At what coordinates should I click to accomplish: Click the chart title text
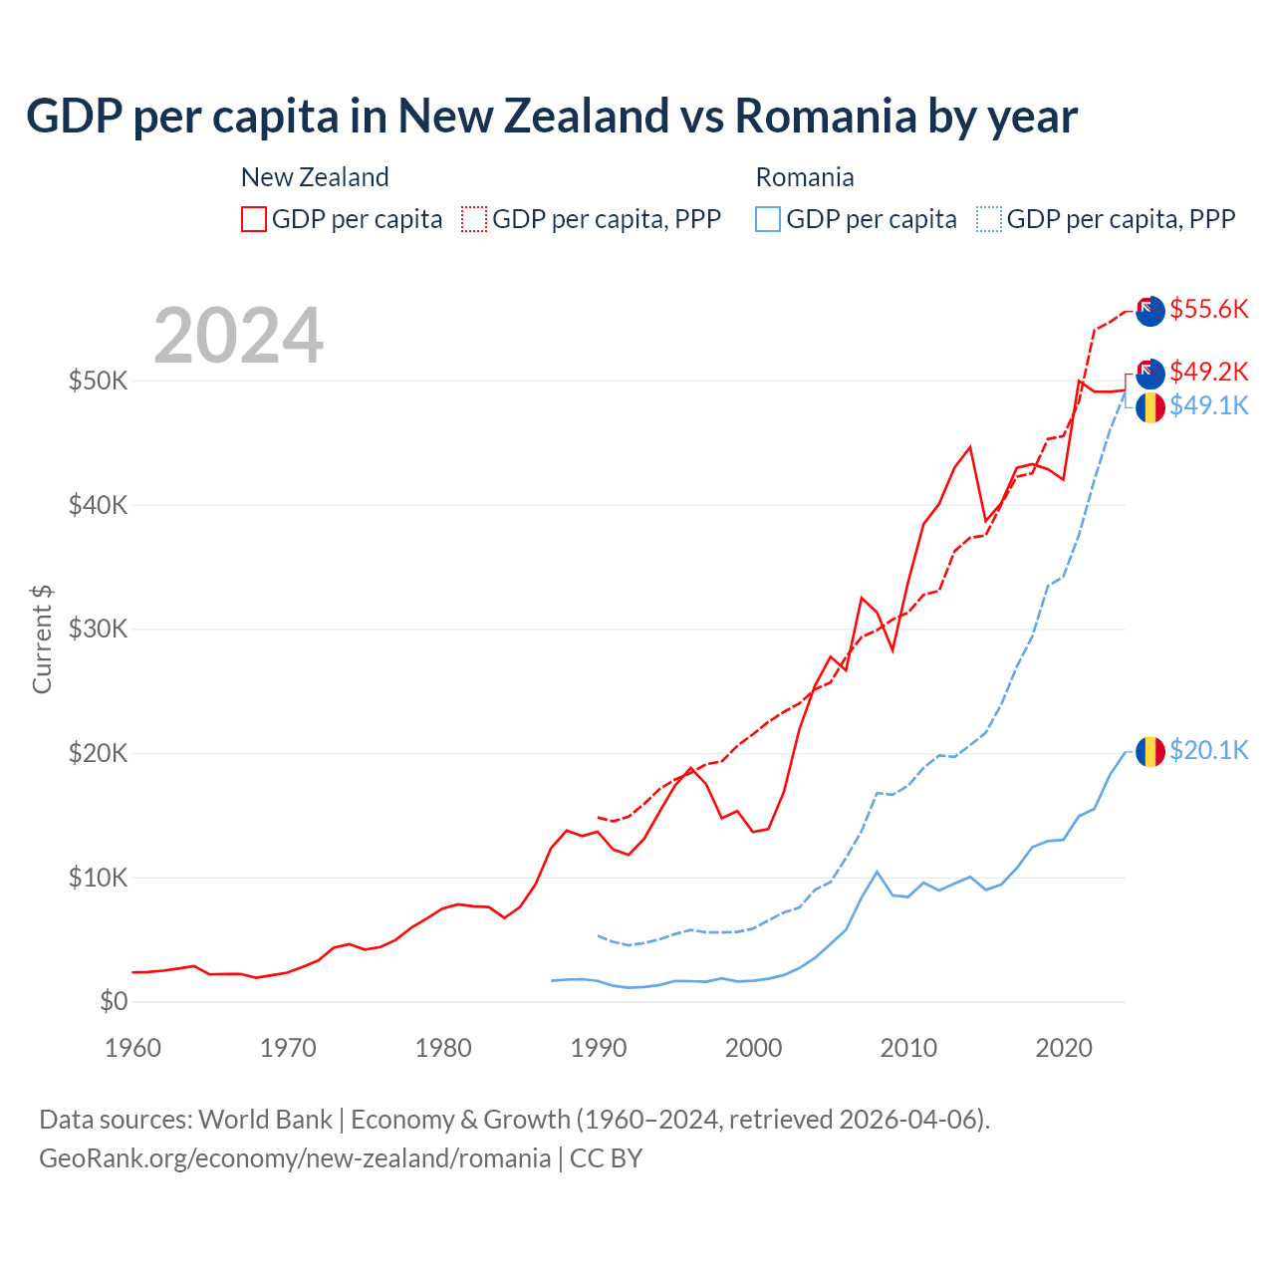click(551, 116)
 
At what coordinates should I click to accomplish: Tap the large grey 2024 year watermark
click(238, 336)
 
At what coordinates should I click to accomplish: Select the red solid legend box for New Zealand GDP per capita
click(254, 219)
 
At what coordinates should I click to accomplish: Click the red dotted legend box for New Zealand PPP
click(474, 219)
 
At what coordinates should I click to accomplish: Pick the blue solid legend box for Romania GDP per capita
click(768, 219)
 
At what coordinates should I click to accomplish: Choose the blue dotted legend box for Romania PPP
click(989, 219)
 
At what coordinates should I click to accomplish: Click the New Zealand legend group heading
click(315, 177)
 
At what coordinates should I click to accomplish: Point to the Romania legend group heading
click(805, 177)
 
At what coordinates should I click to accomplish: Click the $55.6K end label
click(1208, 309)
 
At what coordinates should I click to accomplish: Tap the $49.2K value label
click(1208, 372)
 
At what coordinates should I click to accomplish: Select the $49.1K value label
click(1208, 405)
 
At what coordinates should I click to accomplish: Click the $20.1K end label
click(1208, 750)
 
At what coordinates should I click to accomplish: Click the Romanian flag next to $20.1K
click(1150, 751)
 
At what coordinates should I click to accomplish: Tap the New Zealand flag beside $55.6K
click(1150, 311)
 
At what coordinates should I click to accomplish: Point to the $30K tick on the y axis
click(98, 629)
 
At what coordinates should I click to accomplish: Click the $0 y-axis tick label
click(114, 1001)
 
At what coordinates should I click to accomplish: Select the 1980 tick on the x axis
click(443, 1048)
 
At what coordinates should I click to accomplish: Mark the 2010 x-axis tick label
click(908, 1048)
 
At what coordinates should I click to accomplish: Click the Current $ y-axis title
click(42, 638)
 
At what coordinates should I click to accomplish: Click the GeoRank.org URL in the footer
click(295, 1157)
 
